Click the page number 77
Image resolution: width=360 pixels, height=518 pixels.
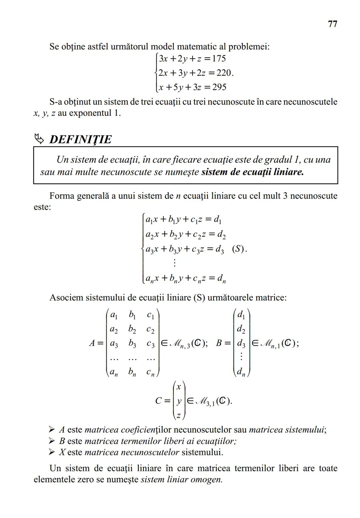pos(332,24)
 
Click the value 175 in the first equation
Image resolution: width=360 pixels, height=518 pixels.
pos(219,59)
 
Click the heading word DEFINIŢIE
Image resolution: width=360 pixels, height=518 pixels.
pos(80,139)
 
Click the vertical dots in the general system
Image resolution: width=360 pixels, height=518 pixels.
pos(174,263)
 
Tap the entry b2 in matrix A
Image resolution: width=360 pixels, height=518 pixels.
pos(132,330)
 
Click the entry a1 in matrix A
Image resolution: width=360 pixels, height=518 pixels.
pos(114,315)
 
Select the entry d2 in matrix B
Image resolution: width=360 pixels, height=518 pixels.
pos(241,330)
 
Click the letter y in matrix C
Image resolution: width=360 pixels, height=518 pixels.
pos(179,401)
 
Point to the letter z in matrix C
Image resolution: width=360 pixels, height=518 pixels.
pos(179,415)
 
